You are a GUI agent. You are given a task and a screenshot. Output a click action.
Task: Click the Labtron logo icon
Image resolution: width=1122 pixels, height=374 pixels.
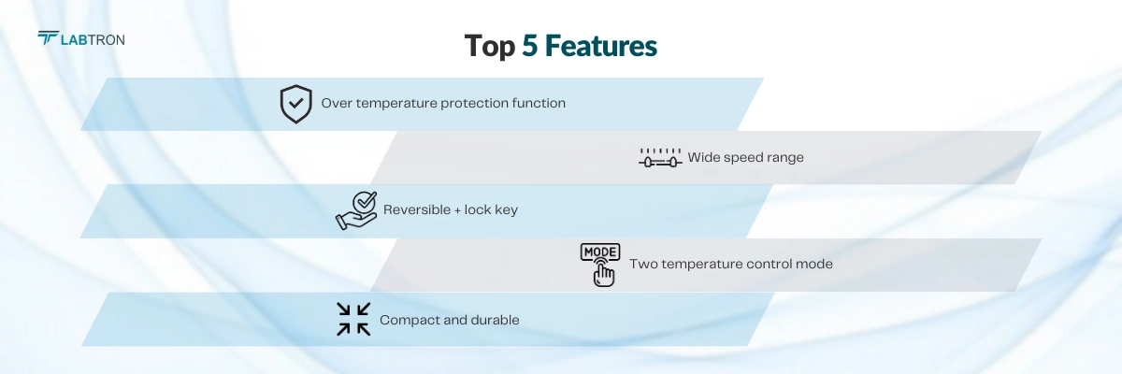coord(49,38)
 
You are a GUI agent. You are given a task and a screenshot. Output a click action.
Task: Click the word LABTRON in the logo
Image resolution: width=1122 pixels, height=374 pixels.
coord(93,39)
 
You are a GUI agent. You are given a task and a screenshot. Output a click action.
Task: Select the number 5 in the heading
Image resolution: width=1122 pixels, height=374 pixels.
coord(531,47)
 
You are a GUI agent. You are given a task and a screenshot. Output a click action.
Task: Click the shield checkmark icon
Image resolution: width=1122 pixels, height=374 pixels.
coord(295,104)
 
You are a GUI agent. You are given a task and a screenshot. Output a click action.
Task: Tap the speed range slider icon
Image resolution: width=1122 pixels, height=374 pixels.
coord(659,157)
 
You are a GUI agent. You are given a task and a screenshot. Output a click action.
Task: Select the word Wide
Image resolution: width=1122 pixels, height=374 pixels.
coord(704,157)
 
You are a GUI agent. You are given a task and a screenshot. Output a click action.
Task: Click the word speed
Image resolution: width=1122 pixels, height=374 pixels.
coord(744,158)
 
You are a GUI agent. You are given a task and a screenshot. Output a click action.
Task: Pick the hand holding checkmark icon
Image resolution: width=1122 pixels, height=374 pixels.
coord(356,210)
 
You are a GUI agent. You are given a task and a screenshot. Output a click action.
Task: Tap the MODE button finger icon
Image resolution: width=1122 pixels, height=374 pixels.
coord(600,264)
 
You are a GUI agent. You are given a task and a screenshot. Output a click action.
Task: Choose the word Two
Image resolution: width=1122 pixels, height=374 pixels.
coord(643,265)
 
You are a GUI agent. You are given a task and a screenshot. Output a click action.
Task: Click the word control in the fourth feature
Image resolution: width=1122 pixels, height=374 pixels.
coord(770,265)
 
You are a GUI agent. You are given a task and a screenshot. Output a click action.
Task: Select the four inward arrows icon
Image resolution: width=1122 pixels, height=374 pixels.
coord(353,319)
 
